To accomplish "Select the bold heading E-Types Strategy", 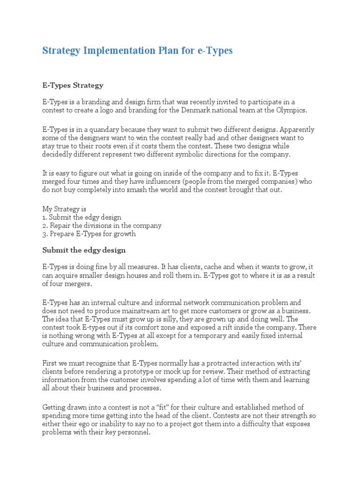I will (73, 85).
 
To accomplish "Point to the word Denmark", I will (201, 110).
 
